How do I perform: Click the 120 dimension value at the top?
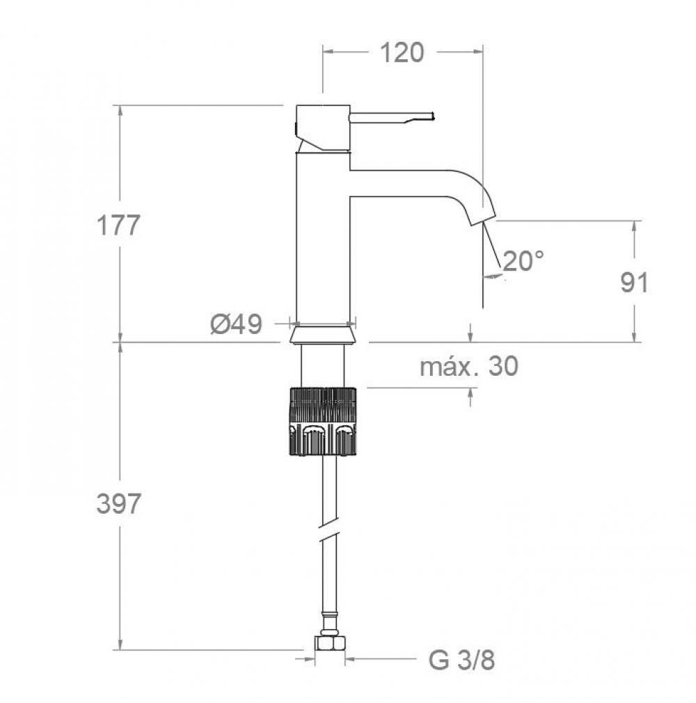click(x=402, y=52)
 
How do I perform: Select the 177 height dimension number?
click(x=118, y=226)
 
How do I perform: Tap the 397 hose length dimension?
click(x=118, y=504)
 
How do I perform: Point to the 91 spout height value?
click(x=634, y=283)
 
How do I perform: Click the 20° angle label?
click(x=523, y=261)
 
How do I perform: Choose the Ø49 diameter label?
click(x=236, y=324)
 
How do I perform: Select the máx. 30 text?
click(x=468, y=366)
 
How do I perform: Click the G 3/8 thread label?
click(x=461, y=660)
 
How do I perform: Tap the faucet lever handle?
click(x=393, y=117)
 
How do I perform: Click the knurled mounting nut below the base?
click(x=322, y=421)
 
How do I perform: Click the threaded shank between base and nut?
click(x=322, y=365)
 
